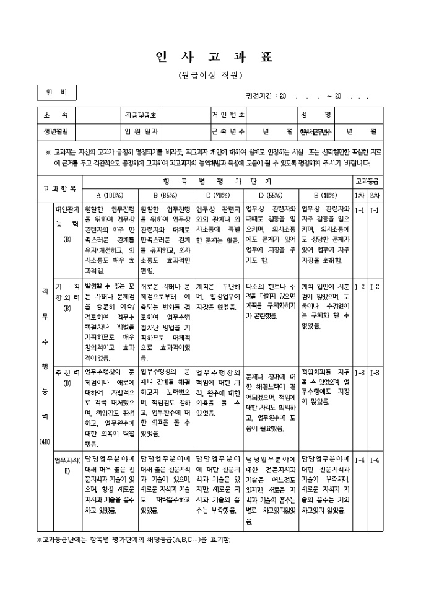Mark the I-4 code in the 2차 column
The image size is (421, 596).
pyautogui.click(x=376, y=460)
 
